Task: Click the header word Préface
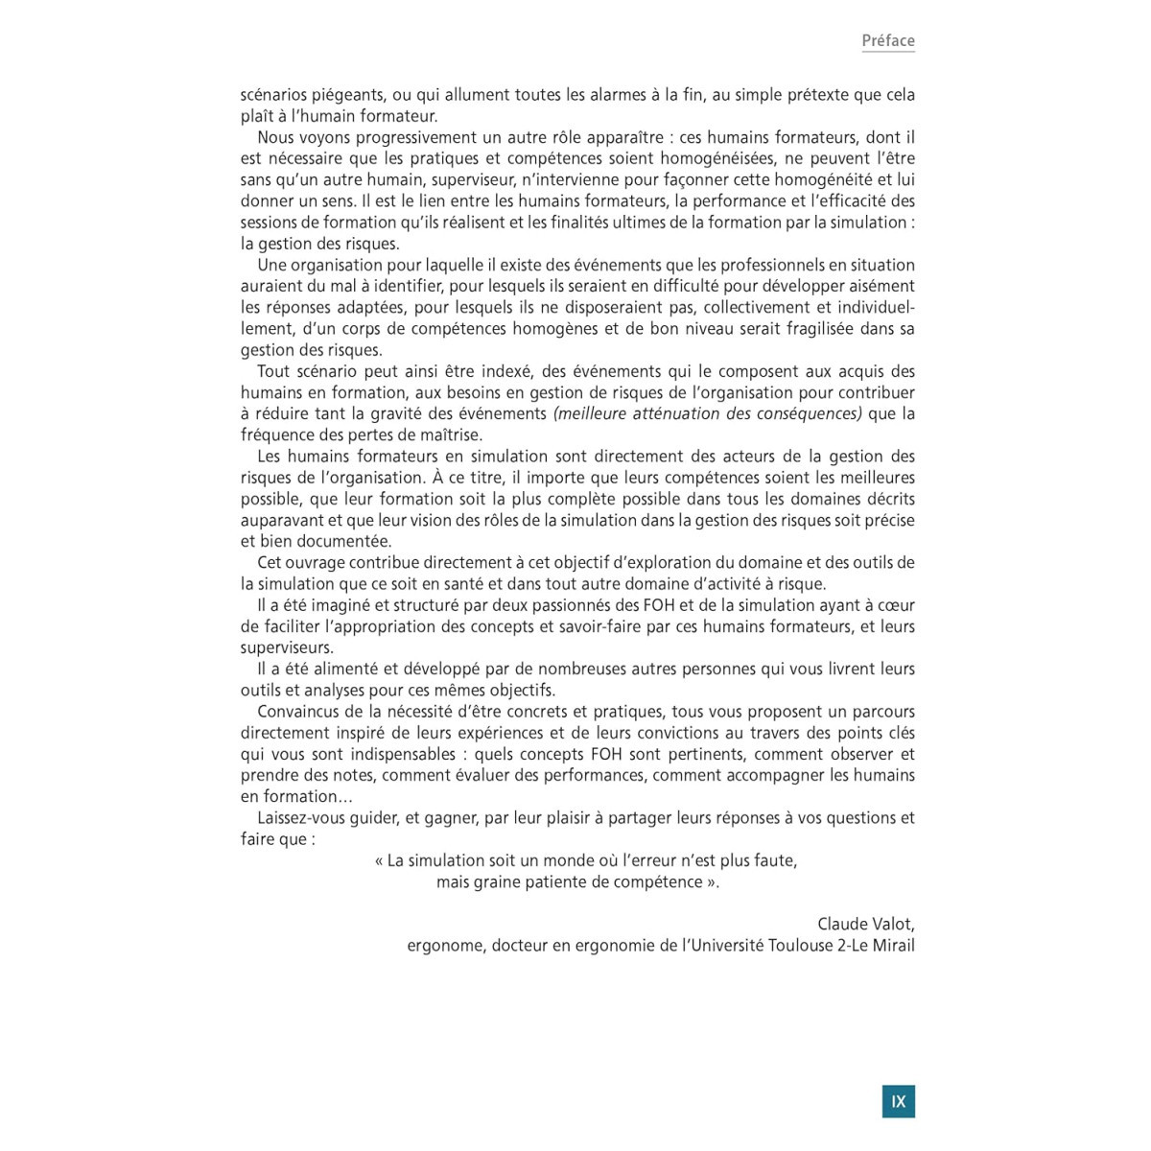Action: pyautogui.click(x=887, y=40)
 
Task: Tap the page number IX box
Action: pyautogui.click(x=898, y=1101)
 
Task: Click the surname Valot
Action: pyautogui.click(x=895, y=924)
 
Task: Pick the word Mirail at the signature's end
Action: pyautogui.click(x=891, y=945)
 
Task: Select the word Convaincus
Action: pyautogui.click(x=297, y=712)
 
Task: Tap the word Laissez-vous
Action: pyautogui.click(x=302, y=817)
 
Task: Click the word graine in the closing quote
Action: pyautogui.click(x=497, y=881)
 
